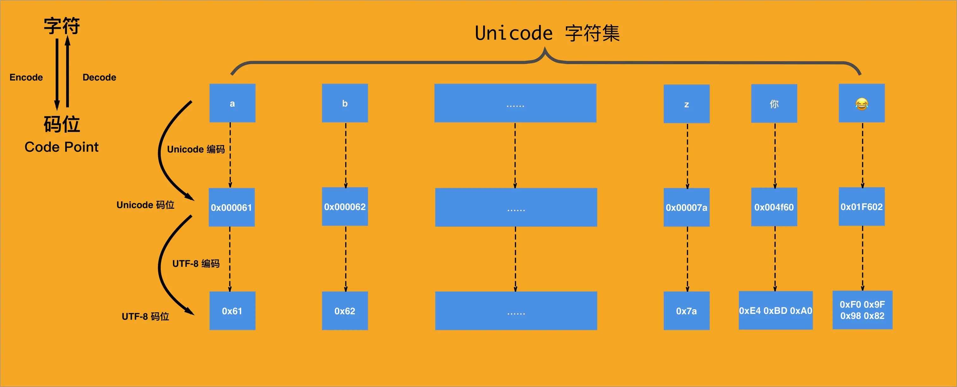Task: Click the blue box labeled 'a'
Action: tap(232, 103)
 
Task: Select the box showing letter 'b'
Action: tap(345, 103)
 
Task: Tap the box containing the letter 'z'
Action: tap(686, 104)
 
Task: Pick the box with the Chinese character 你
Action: tap(774, 103)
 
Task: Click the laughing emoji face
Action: tap(861, 103)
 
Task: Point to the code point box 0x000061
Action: tap(231, 207)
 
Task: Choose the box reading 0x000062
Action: tap(345, 207)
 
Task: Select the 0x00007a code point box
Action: tap(686, 207)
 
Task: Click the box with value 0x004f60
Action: tap(774, 207)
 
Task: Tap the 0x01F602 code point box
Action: tap(861, 207)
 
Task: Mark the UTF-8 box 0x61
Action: tap(232, 311)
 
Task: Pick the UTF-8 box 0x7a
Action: tap(686, 311)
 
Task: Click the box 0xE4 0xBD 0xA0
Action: tap(775, 310)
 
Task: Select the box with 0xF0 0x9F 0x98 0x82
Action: tap(862, 310)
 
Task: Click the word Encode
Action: tap(26, 77)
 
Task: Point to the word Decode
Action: tap(99, 77)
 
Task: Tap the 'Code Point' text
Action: tap(61, 147)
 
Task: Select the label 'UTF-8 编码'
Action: tap(196, 263)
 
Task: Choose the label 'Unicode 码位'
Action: tap(145, 205)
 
